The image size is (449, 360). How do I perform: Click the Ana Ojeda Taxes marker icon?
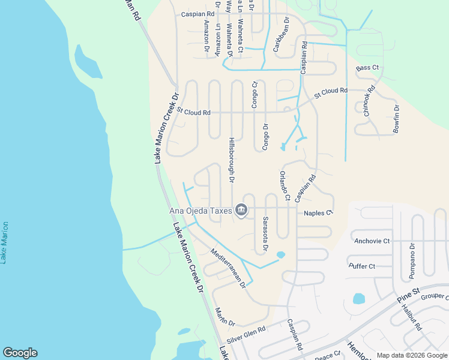(241, 209)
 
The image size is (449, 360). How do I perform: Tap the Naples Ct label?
(318, 213)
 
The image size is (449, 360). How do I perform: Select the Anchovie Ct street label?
(372, 241)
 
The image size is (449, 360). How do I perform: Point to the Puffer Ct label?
(361, 266)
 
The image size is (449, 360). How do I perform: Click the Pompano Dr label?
(412, 261)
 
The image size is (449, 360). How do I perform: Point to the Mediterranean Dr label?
(229, 268)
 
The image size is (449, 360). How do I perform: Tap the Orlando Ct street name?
(284, 185)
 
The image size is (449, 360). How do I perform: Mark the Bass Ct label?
(367, 68)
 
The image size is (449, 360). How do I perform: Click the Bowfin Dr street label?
(396, 119)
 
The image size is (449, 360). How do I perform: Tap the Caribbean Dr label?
(281, 35)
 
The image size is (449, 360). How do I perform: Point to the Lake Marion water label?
(5, 242)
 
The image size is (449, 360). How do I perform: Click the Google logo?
(20, 353)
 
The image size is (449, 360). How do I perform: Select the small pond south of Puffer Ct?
(359, 298)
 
